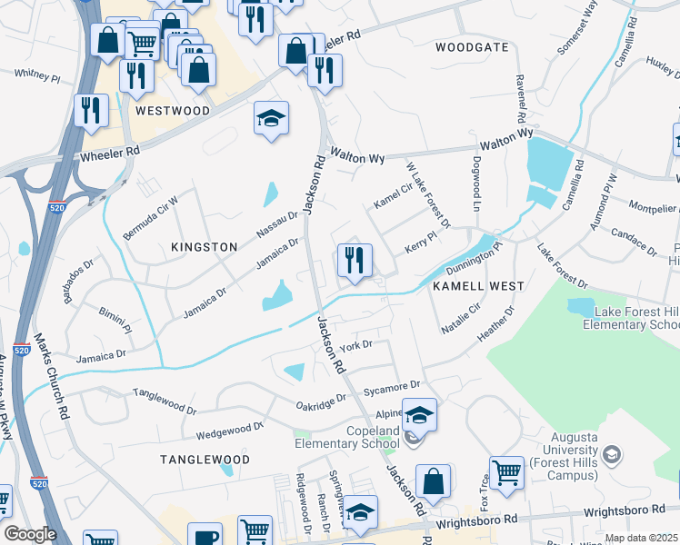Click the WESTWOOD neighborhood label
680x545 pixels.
tap(172, 111)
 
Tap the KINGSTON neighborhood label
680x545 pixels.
tap(205, 247)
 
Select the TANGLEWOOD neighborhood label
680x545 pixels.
tap(205, 460)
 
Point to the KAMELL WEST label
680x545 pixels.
tap(478, 286)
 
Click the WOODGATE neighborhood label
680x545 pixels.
tap(472, 46)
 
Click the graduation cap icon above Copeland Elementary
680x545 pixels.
tap(419, 416)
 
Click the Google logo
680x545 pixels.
tap(30, 534)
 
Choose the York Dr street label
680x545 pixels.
tap(355, 345)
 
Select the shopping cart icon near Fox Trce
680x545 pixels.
tap(506, 472)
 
